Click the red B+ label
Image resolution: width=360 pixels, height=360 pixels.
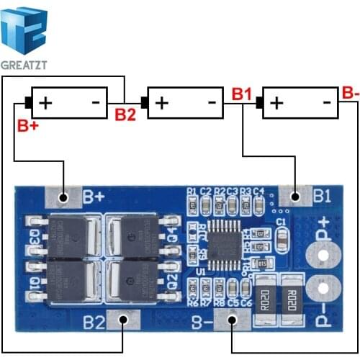[27, 126]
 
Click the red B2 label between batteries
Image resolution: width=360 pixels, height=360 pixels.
[125, 113]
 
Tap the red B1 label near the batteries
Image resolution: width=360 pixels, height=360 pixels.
[242, 94]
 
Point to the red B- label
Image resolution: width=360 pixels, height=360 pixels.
[349, 92]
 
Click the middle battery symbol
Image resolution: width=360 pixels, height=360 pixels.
[184, 103]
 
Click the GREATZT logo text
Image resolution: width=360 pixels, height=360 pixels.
[25, 64]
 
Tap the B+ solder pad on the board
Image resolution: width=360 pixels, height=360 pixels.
[63, 196]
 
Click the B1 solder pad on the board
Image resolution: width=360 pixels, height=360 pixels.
[295, 195]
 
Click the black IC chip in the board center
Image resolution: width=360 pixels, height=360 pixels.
[216, 241]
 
